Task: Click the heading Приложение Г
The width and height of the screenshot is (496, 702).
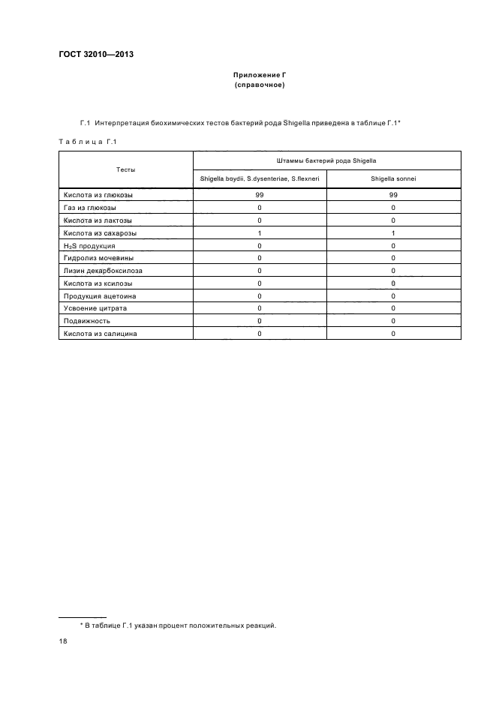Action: [259, 76]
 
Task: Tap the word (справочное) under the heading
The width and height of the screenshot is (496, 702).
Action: [259, 85]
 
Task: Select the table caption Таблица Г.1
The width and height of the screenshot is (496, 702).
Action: [87, 141]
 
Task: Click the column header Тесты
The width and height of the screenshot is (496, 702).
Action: [126, 169]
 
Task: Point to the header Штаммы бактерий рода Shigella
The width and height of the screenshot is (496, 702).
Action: [326, 160]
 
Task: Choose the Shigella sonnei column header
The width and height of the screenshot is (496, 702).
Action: [393, 178]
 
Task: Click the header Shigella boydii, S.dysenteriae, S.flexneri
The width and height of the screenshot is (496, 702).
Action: [260, 178]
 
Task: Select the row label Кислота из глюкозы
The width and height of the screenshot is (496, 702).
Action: [98, 195]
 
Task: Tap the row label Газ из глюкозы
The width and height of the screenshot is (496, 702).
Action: [90, 207]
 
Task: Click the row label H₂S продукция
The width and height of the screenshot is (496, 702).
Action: [89, 246]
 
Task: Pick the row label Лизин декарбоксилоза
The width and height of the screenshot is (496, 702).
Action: [103, 270]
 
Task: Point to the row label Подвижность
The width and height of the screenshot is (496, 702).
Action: [87, 321]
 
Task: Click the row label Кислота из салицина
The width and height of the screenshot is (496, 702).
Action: [100, 333]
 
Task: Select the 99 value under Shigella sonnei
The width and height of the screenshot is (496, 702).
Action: [393, 195]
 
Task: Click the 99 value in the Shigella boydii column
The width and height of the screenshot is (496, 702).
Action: [260, 195]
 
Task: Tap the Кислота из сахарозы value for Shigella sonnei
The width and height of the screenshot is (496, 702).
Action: [393, 232]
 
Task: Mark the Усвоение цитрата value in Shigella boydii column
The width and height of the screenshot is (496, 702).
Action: [260, 308]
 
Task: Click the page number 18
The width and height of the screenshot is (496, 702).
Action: [64, 642]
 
